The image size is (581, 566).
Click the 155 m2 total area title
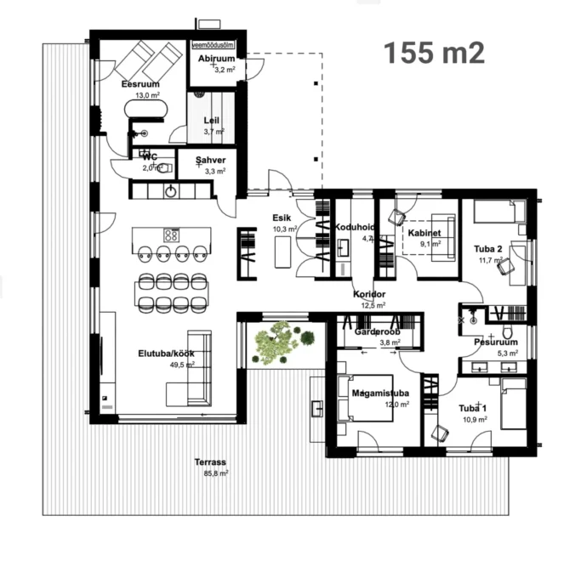[434, 53]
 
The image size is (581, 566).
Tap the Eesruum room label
[140, 84]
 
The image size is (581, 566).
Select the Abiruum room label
[216, 59]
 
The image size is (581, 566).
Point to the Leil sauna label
[212, 121]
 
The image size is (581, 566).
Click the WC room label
[150, 157]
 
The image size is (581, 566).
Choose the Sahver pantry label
[209, 160]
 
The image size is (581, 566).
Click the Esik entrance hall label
[282, 218]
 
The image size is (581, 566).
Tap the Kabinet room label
[424, 232]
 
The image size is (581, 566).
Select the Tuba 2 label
[489, 248]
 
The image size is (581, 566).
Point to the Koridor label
[369, 294]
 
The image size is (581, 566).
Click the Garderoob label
[377, 331]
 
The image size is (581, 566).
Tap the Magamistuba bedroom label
[380, 393]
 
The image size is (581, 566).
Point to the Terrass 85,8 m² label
[210, 462]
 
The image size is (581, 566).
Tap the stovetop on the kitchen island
[171, 234]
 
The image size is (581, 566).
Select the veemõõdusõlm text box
[213, 43]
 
